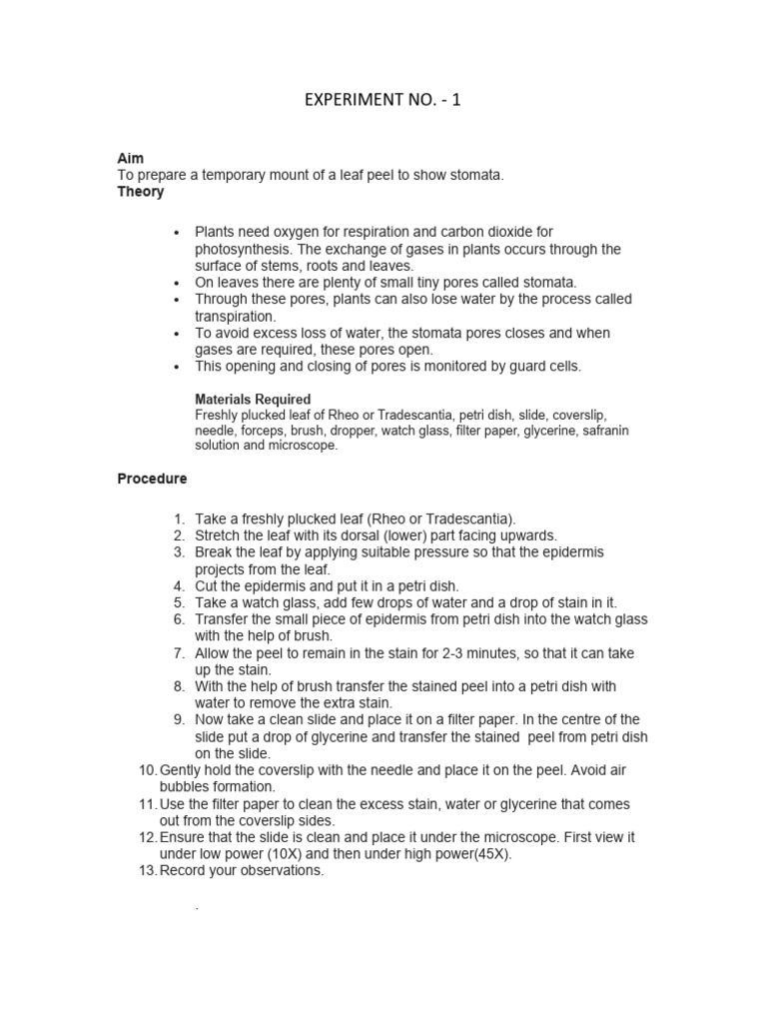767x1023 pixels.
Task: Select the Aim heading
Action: (x=130, y=159)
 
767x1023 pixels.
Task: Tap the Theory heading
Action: (x=141, y=192)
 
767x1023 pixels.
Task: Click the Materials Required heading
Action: (x=253, y=399)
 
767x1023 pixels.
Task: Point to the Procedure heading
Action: (x=152, y=479)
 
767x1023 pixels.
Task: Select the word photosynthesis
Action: (x=241, y=249)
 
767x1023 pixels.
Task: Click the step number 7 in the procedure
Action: (x=179, y=652)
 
